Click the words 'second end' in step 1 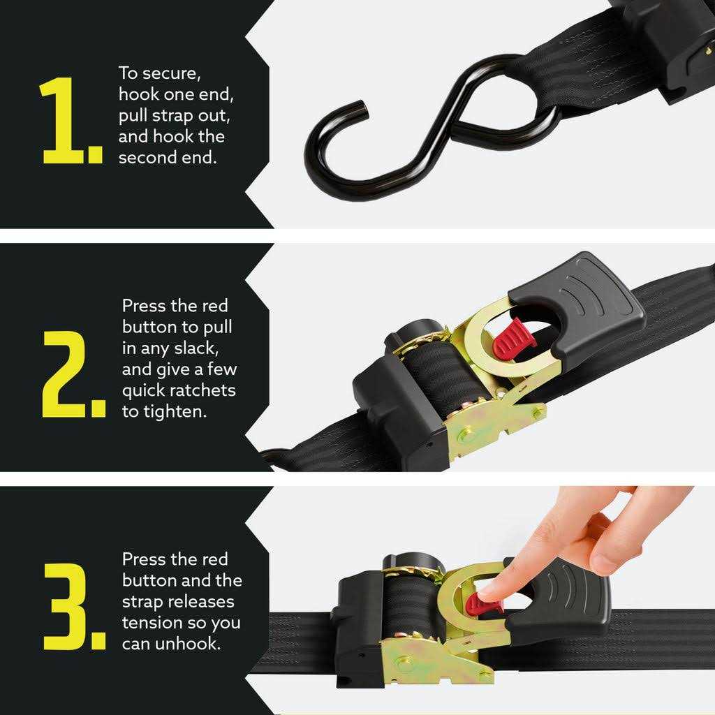tap(168, 157)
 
